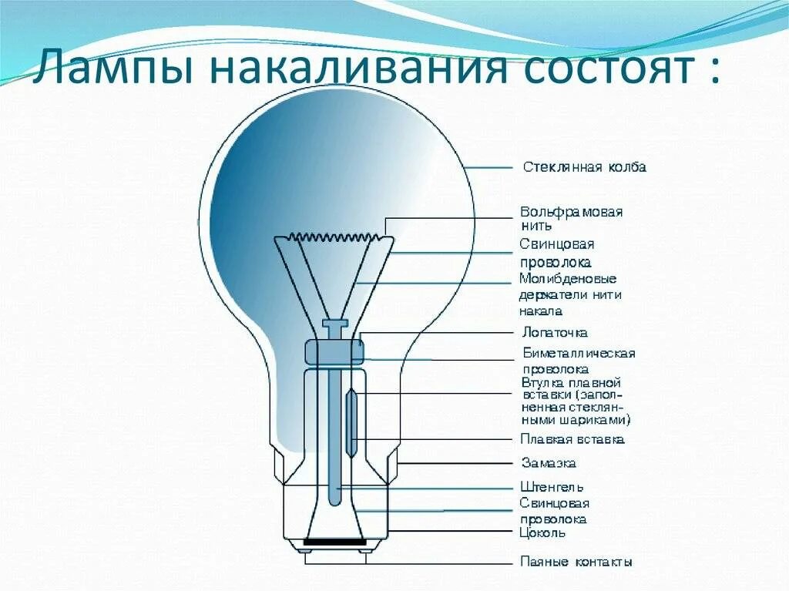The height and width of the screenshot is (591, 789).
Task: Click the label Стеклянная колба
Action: (584, 167)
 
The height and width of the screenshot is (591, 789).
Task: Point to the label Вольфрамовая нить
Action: (571, 218)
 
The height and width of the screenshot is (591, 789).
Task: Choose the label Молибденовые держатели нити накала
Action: (570, 294)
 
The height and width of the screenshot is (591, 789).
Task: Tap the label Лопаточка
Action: (555, 333)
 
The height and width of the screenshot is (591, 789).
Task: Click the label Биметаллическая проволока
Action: (579, 361)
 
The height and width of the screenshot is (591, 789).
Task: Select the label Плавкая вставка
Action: (572, 439)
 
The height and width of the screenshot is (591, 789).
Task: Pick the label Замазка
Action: (549, 463)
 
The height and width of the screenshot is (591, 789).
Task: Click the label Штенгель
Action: (552, 487)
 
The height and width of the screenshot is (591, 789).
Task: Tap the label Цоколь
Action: (543, 532)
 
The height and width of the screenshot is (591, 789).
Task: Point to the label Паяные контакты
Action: (576, 562)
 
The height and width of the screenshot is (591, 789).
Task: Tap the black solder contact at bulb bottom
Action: (335, 542)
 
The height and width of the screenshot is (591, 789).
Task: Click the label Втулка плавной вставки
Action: (575, 401)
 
